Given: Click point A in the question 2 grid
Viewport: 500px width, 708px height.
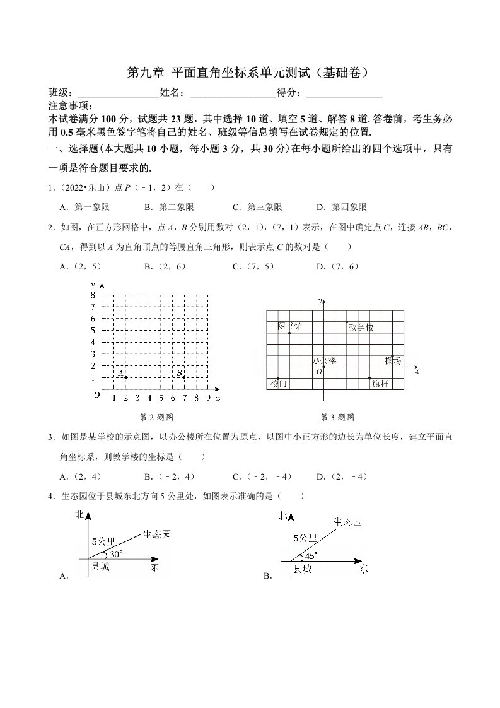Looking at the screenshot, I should point(125,377).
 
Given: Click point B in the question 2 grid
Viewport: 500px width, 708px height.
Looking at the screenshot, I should point(183,377).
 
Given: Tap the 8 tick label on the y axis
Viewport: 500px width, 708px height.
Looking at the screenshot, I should point(93,295).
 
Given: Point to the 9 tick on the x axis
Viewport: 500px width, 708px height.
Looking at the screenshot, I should point(207,398).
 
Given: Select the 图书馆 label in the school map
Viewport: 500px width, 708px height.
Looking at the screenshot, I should point(290,326).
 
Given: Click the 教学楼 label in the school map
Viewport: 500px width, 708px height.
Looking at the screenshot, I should point(361,327).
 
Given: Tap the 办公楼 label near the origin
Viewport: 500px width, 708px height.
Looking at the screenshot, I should point(324,360).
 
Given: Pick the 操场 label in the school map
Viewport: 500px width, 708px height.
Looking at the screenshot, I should point(393,360).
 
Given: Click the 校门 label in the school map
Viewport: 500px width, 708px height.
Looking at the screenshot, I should point(279,383).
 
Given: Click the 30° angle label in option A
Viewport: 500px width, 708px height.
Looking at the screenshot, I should point(116,554).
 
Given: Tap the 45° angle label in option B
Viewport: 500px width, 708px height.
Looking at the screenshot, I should point(311,555).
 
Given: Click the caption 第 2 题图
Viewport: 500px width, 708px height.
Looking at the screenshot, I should point(156,417).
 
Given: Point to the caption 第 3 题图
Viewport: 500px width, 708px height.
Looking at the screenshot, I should point(337,417).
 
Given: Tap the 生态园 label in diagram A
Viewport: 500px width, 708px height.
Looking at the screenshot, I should point(157,534).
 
